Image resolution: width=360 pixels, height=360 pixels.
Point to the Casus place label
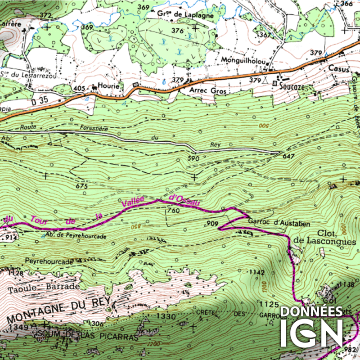click(x=338, y=67)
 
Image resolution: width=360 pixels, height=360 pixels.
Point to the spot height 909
click(x=212, y=223)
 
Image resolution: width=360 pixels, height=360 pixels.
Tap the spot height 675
click(x=81, y=186)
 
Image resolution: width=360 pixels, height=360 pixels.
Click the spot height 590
click(x=193, y=158)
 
